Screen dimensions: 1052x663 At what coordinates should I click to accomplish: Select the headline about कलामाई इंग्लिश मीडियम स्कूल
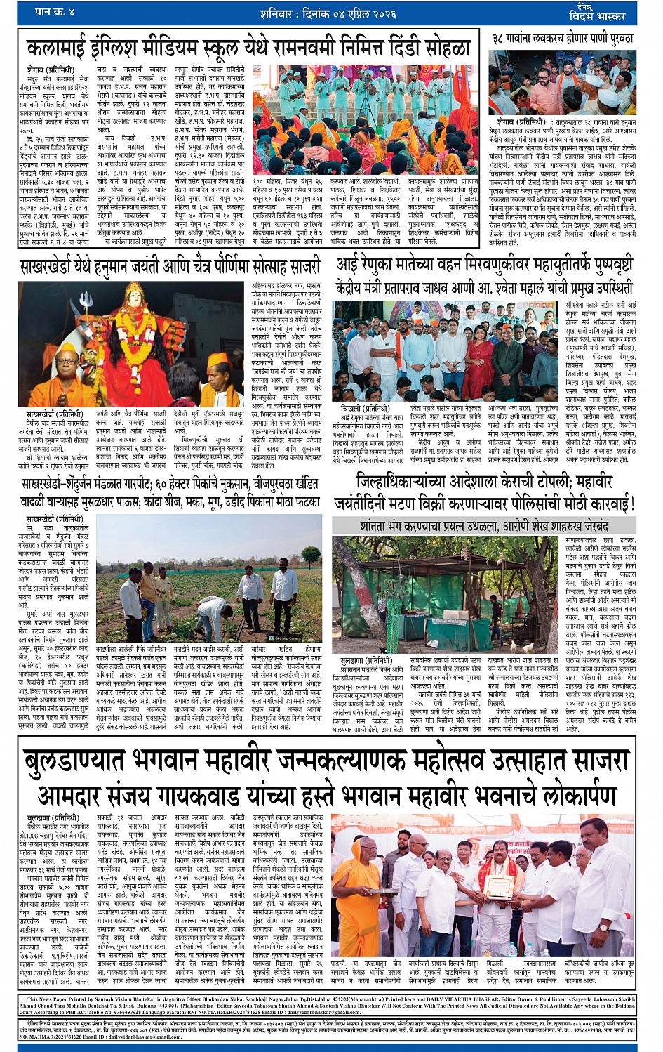(x=249, y=48)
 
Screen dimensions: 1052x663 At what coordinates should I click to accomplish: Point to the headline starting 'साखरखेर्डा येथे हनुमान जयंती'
(x=170, y=268)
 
